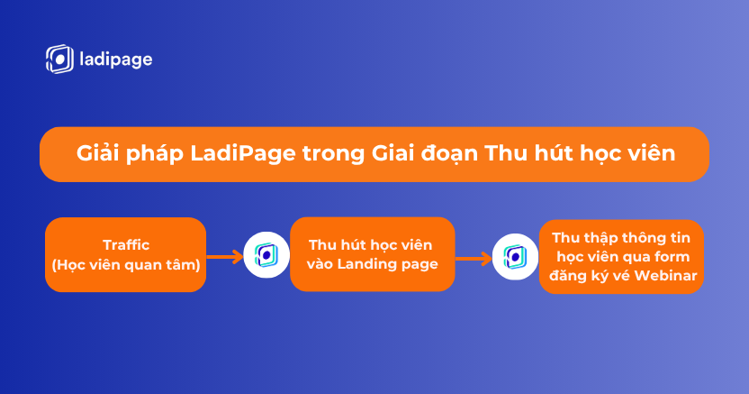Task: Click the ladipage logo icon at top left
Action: pos(59,60)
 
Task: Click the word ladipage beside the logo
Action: pos(116,60)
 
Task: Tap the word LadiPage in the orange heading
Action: pos(243,154)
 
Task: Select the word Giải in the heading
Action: pos(97,153)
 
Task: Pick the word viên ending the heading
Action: pos(651,153)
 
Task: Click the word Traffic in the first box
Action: pos(126,245)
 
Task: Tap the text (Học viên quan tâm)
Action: pos(126,264)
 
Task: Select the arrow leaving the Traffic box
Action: pos(224,257)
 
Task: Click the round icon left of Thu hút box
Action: pos(266,255)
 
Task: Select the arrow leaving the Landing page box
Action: pos(474,259)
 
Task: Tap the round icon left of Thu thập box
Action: pos(515,257)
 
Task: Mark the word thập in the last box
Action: pos(604,239)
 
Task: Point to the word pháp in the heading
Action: pos(155,154)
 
